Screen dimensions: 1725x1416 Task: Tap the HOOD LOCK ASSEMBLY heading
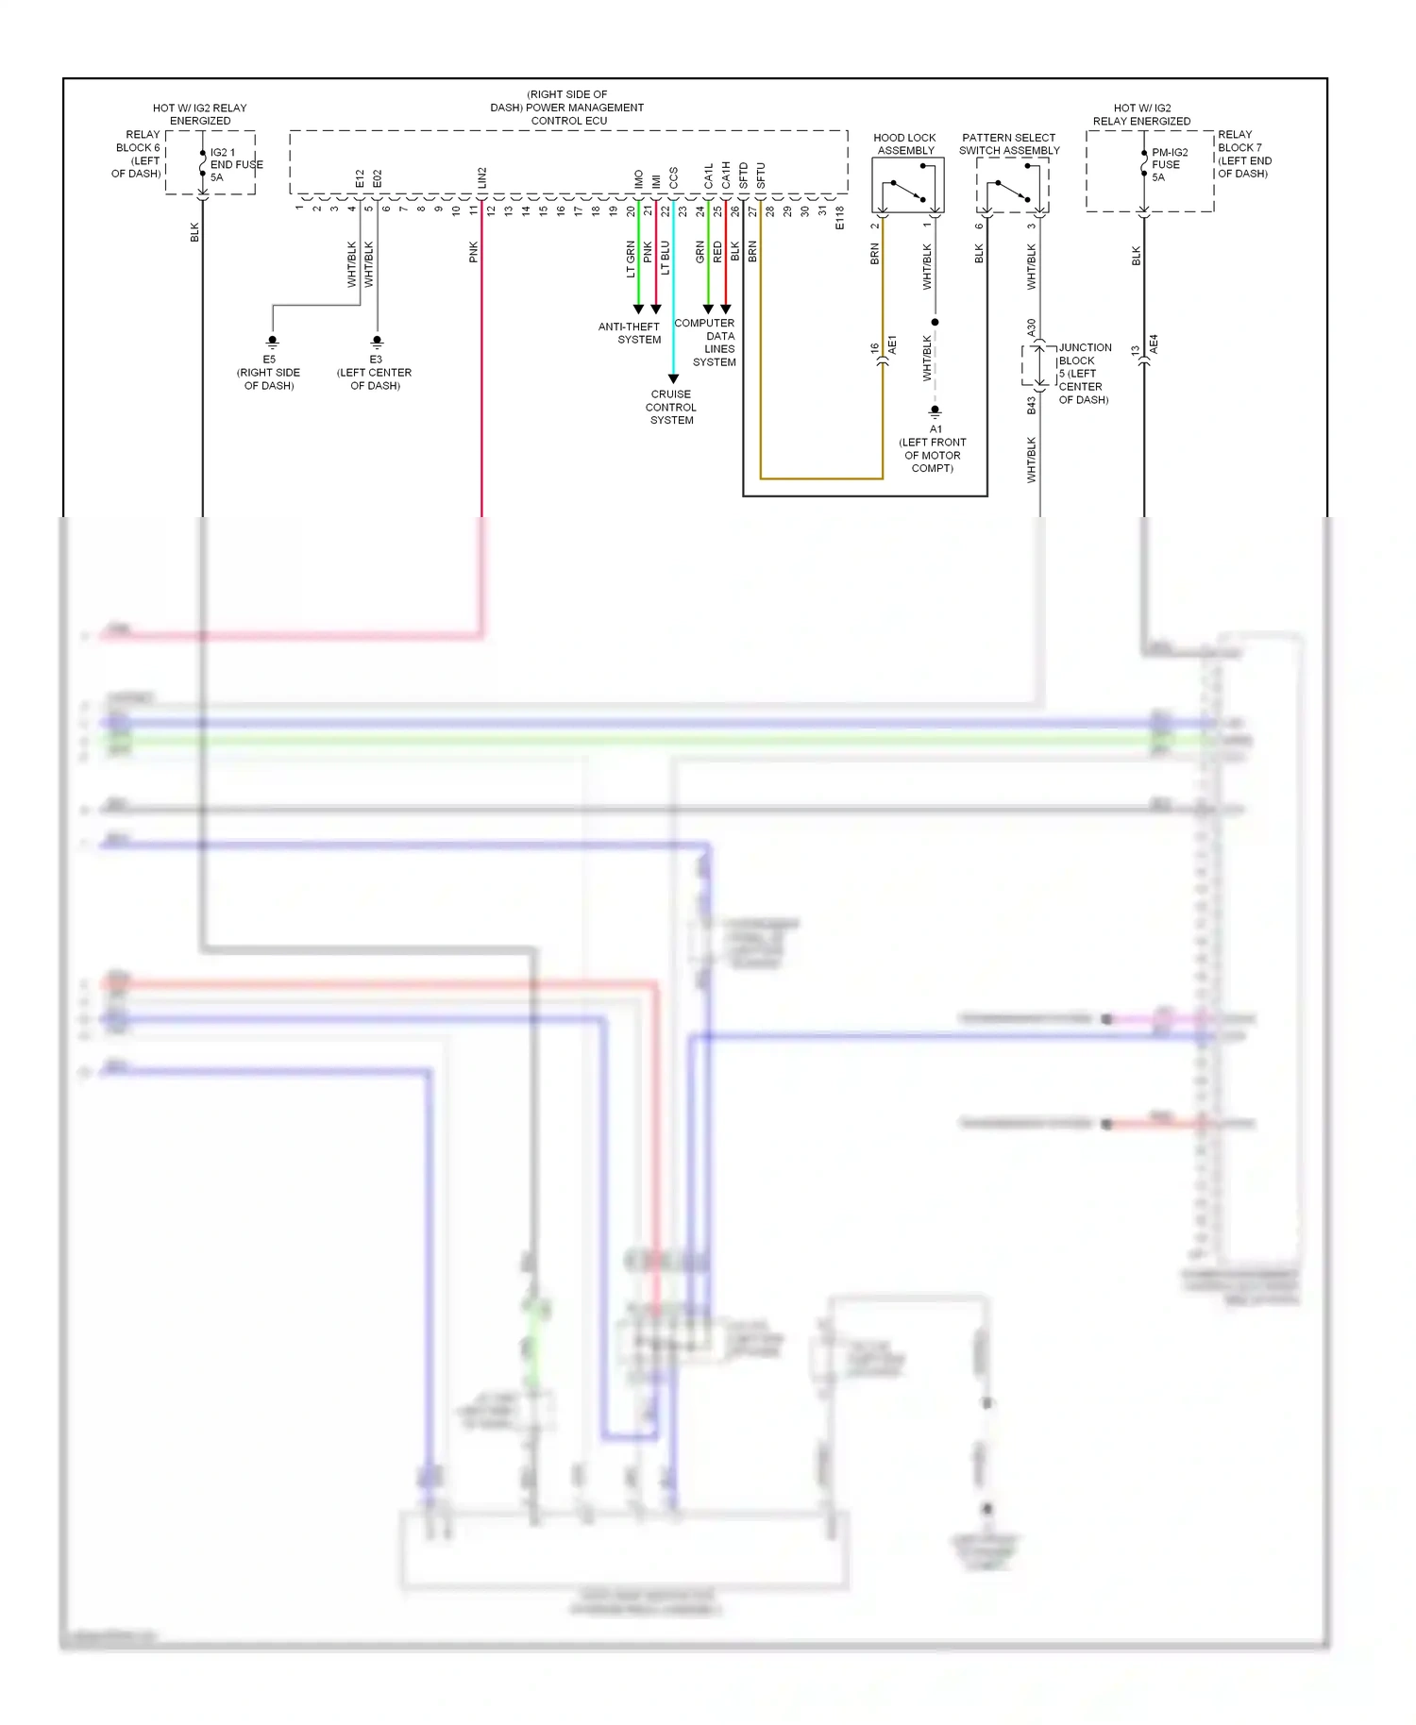coord(904,143)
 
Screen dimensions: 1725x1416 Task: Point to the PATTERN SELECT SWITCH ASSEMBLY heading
coord(1009,143)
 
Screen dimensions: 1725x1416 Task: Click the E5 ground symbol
coord(273,342)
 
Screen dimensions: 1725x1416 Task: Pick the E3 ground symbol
coord(377,342)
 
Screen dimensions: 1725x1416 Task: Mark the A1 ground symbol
coord(935,412)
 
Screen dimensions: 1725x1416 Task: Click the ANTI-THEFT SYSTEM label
coord(630,333)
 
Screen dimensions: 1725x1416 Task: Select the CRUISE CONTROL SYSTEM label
coord(671,407)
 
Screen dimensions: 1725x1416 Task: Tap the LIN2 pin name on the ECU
coord(481,177)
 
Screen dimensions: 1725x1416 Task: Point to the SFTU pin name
coord(760,176)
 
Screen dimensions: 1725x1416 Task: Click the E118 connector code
coord(839,218)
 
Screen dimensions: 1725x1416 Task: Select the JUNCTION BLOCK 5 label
coord(1084,373)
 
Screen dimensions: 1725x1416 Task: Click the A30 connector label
coord(1031,327)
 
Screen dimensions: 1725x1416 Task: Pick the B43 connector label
coord(1031,405)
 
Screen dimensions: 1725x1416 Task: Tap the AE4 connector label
coord(1154,344)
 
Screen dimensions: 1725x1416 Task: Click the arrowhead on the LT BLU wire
coord(673,379)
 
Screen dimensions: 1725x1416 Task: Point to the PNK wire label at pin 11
coord(473,252)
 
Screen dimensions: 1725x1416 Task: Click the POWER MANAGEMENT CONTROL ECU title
coord(567,108)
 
